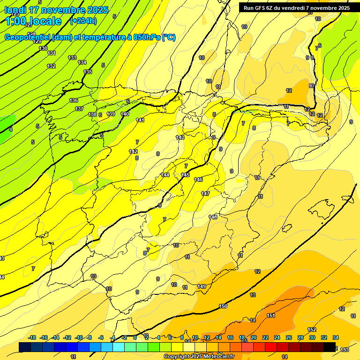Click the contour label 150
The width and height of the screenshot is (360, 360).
(223, 306)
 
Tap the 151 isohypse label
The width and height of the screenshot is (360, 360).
(271, 315)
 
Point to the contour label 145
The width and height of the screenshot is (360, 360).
(185, 175)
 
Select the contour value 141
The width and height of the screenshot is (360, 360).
(140, 120)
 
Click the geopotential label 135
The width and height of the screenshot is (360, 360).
(88, 72)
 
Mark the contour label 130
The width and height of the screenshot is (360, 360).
(43, 48)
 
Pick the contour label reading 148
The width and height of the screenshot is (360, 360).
(213, 217)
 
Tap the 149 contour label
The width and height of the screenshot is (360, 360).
(202, 286)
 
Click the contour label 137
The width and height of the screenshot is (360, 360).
(79, 109)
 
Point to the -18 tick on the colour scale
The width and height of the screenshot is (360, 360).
(32, 337)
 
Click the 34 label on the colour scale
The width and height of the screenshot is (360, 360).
(336, 337)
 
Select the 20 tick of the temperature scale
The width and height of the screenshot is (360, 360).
(254, 337)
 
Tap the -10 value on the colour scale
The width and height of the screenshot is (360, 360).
(79, 337)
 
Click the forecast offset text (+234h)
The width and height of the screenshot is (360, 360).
(83, 21)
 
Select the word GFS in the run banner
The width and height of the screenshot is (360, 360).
(261, 8)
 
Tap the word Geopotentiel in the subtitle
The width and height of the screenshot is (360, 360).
(27, 37)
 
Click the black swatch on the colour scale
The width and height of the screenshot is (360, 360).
(330, 347)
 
